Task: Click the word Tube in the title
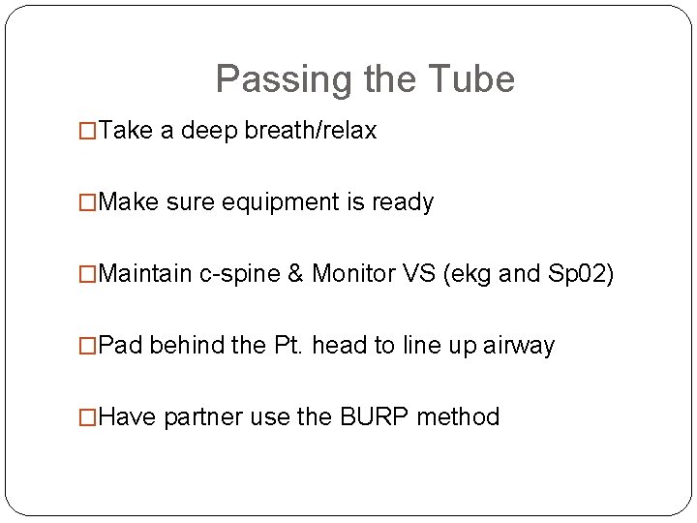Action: tap(472, 79)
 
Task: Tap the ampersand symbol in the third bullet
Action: tap(296, 274)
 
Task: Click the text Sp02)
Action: tap(580, 274)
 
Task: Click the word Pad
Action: tap(121, 346)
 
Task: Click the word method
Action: tap(461, 417)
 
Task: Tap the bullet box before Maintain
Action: tap(88, 275)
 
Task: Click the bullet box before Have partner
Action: tap(88, 418)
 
